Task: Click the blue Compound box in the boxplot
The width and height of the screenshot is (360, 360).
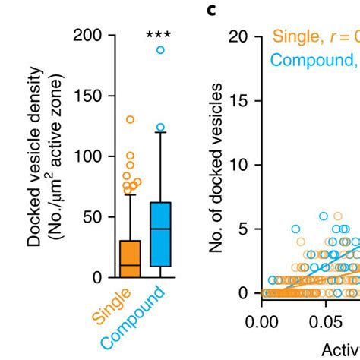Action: [160, 234]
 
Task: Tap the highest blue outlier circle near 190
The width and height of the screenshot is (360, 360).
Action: [160, 50]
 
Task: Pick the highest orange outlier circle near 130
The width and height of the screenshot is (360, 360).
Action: [131, 119]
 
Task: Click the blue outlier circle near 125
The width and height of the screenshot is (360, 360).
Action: [160, 128]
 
